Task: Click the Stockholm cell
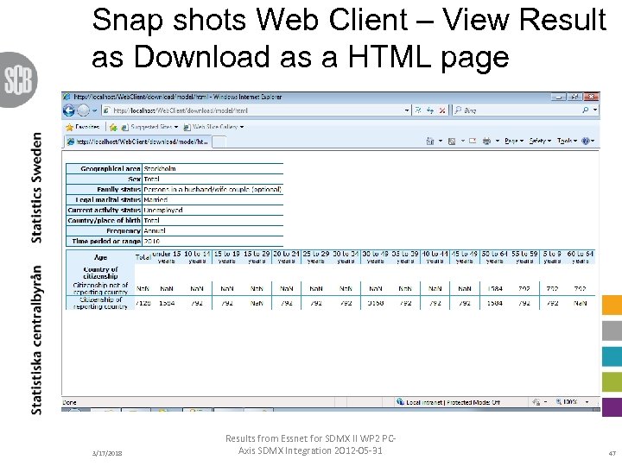tap(161, 169)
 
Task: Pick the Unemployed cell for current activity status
tap(163, 210)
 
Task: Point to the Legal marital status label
tap(105, 199)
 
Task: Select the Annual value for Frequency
tap(155, 230)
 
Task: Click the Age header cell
tap(100, 256)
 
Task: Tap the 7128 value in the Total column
tap(143, 303)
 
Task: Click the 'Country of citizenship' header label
tap(101, 273)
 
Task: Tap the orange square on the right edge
tap(612, 306)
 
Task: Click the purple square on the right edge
tap(612, 406)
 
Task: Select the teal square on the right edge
tap(612, 356)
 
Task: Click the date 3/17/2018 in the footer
tap(107, 452)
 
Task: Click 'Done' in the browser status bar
tap(70, 402)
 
